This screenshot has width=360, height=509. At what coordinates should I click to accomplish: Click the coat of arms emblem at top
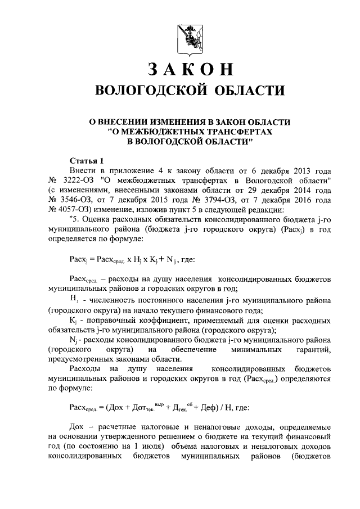[x=188, y=35]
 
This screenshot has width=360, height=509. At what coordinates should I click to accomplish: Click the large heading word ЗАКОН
[x=189, y=69]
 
